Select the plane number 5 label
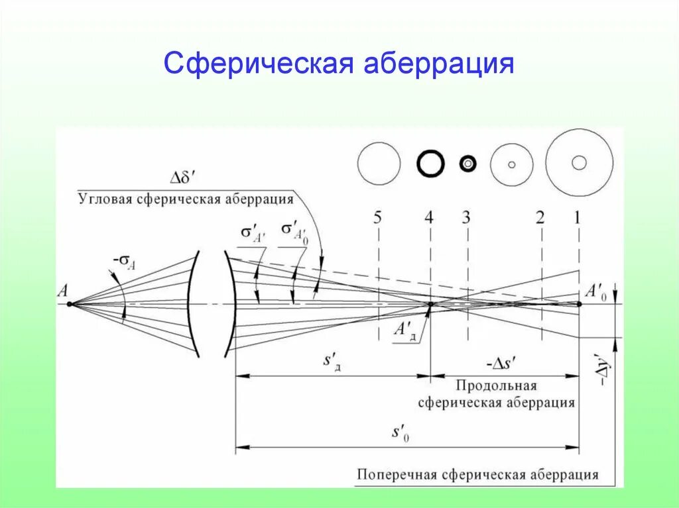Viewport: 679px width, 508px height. (x=377, y=218)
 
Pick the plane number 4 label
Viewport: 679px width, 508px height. (x=430, y=218)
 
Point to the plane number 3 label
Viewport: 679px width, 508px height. (x=466, y=218)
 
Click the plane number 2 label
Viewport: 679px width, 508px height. (x=540, y=218)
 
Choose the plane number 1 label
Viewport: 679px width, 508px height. (x=577, y=218)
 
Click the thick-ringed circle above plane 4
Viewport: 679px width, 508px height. (x=430, y=164)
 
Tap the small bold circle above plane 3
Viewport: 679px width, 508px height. (x=468, y=164)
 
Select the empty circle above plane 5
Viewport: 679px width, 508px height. (x=379, y=163)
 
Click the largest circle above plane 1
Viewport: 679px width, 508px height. (x=579, y=162)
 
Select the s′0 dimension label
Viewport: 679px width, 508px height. (x=400, y=434)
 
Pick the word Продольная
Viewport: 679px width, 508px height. (x=495, y=386)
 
